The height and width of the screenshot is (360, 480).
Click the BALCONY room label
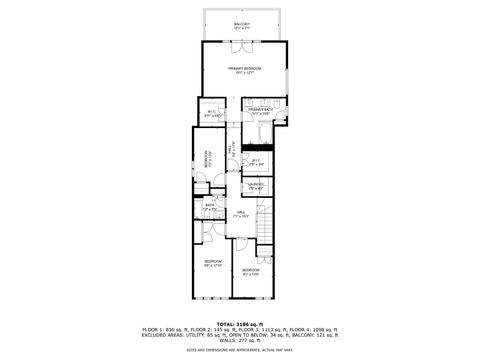(x=242, y=24)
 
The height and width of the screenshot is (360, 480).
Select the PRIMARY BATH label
(x=261, y=110)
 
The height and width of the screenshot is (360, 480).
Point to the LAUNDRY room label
(x=256, y=185)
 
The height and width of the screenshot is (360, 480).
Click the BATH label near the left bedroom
(x=210, y=207)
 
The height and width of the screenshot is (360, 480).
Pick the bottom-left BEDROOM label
(x=213, y=264)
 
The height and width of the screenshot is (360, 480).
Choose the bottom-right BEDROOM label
(x=250, y=271)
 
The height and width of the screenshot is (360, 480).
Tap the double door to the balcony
(x=243, y=41)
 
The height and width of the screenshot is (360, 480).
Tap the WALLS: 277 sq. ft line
(x=240, y=341)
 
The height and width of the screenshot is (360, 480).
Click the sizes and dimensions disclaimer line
(x=240, y=350)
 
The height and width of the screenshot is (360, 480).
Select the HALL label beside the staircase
(x=241, y=213)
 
